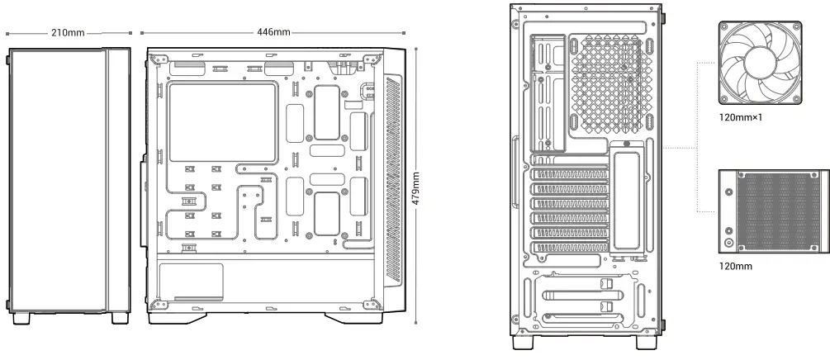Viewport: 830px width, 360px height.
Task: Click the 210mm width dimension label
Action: tap(68, 32)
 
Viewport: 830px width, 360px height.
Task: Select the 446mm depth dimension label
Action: tap(273, 32)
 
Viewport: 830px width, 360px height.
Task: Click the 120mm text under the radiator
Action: tap(736, 266)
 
